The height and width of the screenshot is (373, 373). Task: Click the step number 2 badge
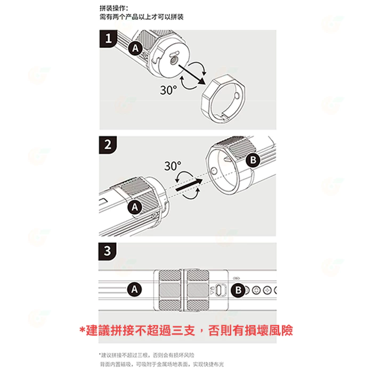(108, 144)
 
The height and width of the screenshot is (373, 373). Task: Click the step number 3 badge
(108, 251)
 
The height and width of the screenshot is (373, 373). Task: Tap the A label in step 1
(135, 48)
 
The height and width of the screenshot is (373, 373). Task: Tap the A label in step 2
(135, 206)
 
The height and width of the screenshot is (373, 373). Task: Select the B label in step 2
(253, 160)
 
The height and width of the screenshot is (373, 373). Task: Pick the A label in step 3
(135, 289)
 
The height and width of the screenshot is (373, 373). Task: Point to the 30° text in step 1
(169, 90)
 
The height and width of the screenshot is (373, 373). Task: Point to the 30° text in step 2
(172, 166)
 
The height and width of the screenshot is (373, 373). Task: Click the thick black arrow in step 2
(188, 184)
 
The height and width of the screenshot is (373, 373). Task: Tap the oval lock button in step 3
(224, 290)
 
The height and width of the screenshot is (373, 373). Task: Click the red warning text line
(186, 330)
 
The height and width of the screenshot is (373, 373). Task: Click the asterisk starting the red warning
(82, 330)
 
